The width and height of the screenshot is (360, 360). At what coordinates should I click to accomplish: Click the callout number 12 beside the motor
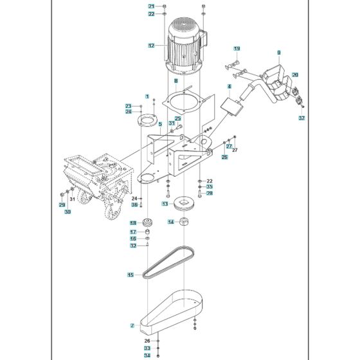click(x=151, y=46)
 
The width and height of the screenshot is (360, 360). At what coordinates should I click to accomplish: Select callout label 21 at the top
click(x=151, y=6)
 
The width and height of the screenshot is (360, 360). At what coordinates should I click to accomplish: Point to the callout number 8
click(x=175, y=81)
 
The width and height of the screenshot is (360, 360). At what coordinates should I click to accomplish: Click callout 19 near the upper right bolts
click(x=237, y=49)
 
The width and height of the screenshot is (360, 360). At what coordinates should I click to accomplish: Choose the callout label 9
click(x=279, y=51)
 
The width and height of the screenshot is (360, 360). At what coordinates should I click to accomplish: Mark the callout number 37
click(x=301, y=119)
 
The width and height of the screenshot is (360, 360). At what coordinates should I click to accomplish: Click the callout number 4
click(x=229, y=86)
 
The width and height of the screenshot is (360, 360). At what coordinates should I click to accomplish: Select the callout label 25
click(x=178, y=118)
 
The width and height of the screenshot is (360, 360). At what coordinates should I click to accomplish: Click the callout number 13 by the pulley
click(x=165, y=203)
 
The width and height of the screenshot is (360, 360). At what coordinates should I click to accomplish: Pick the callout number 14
click(x=171, y=222)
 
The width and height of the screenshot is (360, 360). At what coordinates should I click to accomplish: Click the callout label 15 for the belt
click(x=130, y=274)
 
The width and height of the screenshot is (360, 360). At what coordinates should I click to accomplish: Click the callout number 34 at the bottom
click(x=147, y=355)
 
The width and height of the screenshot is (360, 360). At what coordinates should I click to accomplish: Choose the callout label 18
click(x=133, y=223)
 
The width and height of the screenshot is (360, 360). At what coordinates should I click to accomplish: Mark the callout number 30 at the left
click(x=67, y=212)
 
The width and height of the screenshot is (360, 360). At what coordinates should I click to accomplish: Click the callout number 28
click(x=210, y=193)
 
